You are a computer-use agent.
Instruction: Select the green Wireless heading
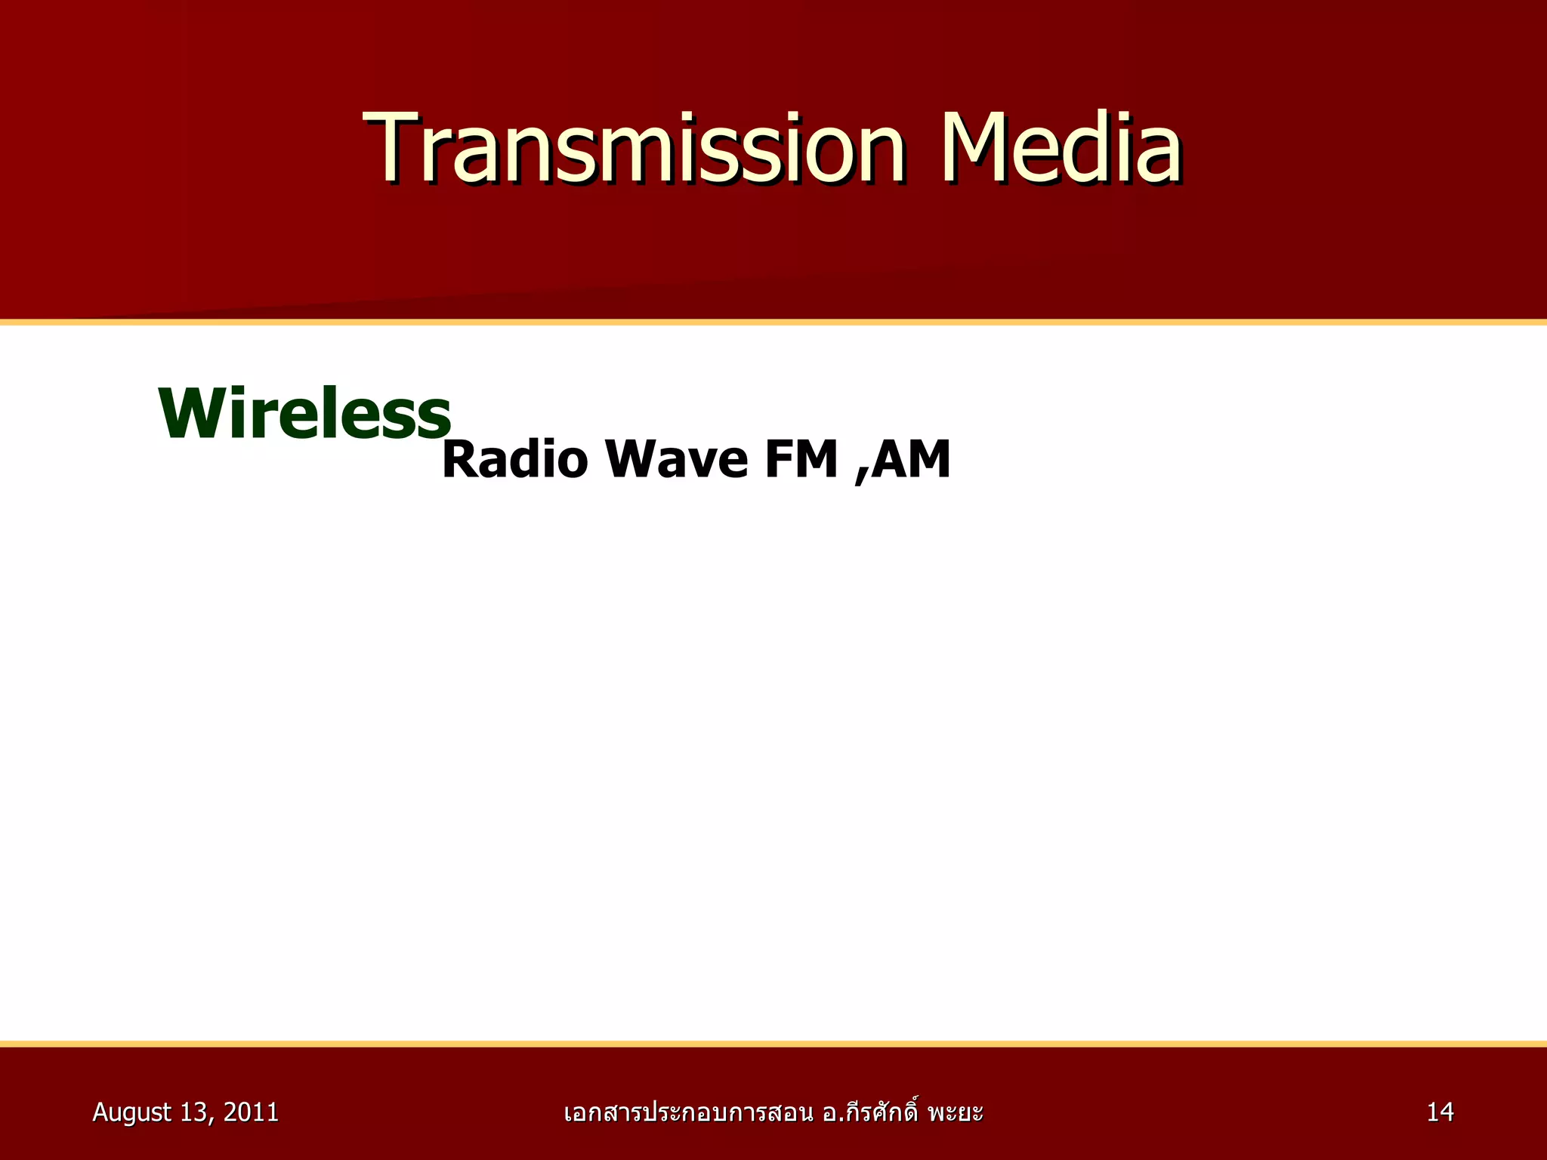pyautogui.click(x=304, y=413)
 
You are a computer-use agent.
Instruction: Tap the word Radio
pyautogui.click(x=514, y=459)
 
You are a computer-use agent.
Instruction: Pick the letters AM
pyautogui.click(x=911, y=459)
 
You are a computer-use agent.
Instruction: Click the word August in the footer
pyautogui.click(x=131, y=1112)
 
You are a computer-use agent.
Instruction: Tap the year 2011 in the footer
pyautogui.click(x=252, y=1112)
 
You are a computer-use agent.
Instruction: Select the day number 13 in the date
pyautogui.click(x=195, y=1112)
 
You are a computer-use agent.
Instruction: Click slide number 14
pyautogui.click(x=1440, y=1112)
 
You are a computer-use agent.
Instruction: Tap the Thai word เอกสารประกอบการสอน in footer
pyautogui.click(x=688, y=1112)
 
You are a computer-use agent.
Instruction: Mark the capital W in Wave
pyautogui.click(x=632, y=459)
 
